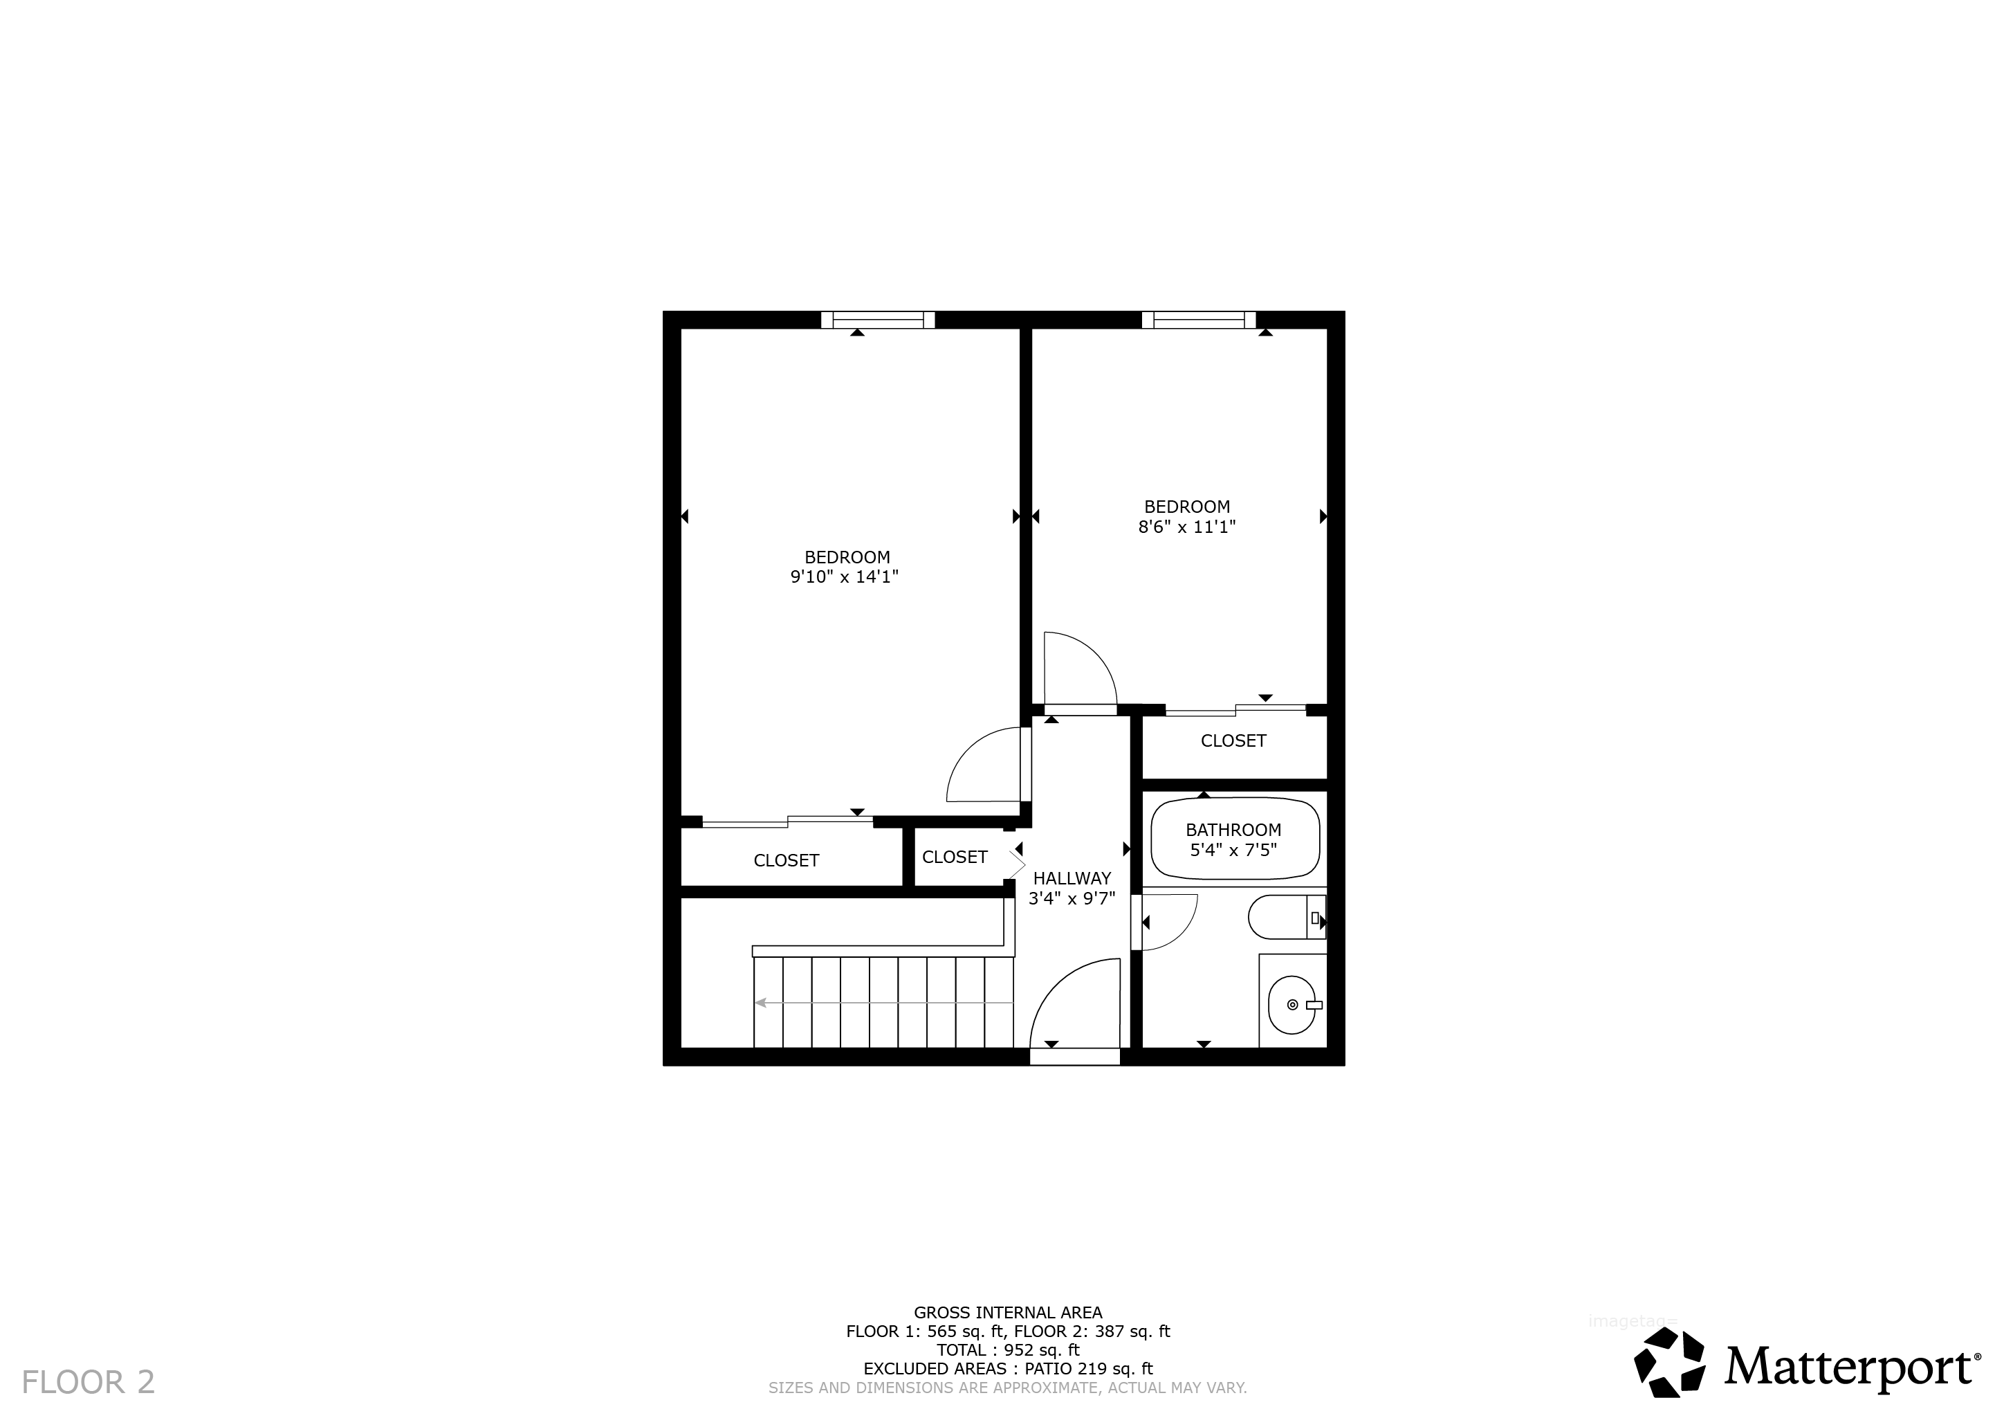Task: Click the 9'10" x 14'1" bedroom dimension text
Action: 844,577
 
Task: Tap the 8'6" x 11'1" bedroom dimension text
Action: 1187,527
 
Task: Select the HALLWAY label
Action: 1072,878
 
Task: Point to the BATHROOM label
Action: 1233,830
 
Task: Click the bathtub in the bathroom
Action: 1235,839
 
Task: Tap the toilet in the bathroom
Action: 1287,917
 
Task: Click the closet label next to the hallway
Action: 955,857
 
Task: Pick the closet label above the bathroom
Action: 1233,740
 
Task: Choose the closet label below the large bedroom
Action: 787,860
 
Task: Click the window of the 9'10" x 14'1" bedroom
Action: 878,320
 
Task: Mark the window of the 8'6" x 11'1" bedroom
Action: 1198,320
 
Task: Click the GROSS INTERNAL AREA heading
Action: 1008,1312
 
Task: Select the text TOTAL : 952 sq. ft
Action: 1008,1350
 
